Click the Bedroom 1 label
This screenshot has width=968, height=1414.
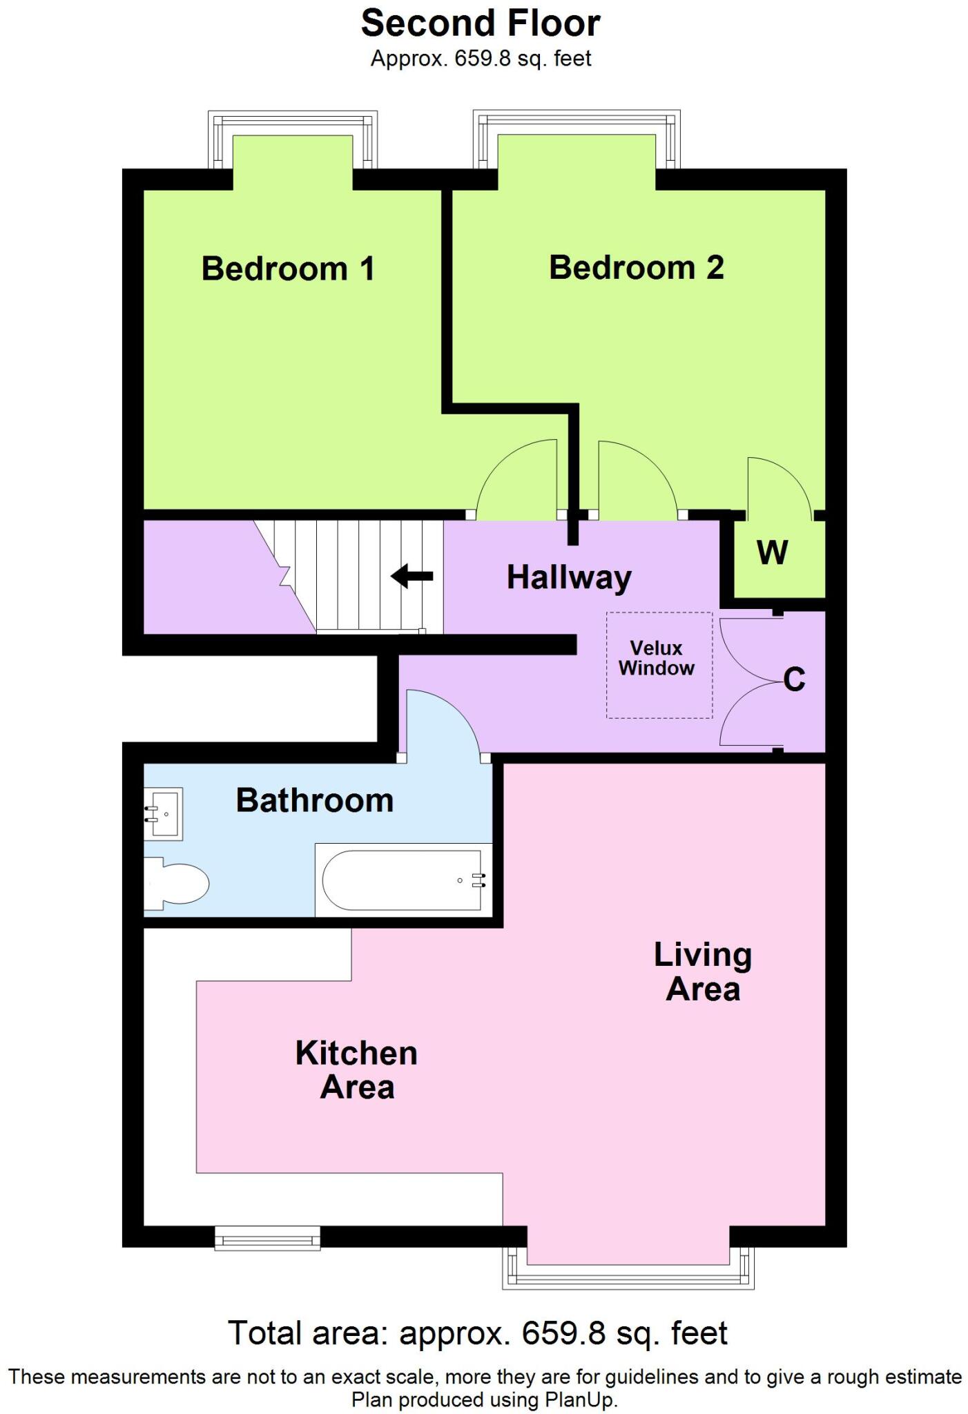(x=288, y=268)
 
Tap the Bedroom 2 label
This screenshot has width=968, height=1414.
(x=636, y=267)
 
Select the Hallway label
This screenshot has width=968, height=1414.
(x=569, y=577)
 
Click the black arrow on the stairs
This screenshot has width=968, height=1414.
(x=412, y=576)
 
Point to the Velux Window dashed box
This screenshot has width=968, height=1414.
(x=659, y=664)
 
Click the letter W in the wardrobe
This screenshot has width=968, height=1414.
(x=772, y=552)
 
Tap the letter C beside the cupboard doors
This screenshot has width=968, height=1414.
(x=794, y=679)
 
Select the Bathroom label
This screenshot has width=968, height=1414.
(x=315, y=800)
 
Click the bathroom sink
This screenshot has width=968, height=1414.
(x=164, y=814)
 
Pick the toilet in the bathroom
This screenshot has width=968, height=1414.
(x=176, y=883)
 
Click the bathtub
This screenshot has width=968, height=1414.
(x=403, y=880)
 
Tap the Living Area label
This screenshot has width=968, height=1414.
(x=703, y=972)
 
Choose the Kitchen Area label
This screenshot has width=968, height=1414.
(x=356, y=1069)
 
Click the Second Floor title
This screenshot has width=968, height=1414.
(x=481, y=23)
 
